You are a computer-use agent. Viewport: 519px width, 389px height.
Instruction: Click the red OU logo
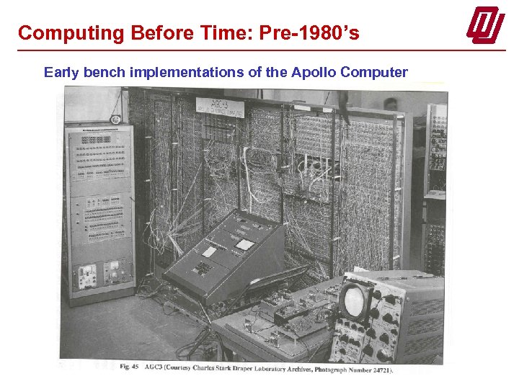pos(485,26)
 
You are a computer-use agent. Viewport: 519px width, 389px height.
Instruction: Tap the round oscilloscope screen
pos(355,300)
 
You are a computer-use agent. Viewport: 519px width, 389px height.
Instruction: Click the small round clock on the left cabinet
pos(115,119)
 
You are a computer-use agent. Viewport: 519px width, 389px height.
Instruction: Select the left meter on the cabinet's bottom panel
pos(88,274)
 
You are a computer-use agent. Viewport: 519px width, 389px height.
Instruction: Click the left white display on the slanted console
pos(210,251)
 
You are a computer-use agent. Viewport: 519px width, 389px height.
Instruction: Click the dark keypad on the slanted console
pos(203,268)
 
